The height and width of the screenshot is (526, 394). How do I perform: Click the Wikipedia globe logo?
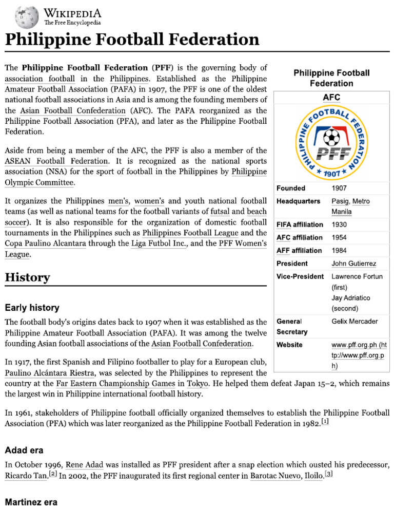tap(27, 17)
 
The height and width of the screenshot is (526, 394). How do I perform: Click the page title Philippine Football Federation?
tap(132, 40)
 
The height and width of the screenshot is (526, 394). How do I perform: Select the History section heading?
tap(27, 278)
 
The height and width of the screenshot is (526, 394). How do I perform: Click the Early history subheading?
tap(32, 308)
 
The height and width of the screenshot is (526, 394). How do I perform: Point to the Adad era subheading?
tap(24, 450)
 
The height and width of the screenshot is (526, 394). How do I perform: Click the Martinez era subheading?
tap(31, 502)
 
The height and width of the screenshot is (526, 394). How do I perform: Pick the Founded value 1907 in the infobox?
tap(340, 188)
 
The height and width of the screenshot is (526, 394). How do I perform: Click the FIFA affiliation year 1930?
tap(340, 224)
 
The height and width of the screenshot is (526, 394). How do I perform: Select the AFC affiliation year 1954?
tap(340, 237)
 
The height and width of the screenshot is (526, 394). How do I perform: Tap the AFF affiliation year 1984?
tap(340, 250)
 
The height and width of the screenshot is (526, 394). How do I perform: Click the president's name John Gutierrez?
tap(353, 264)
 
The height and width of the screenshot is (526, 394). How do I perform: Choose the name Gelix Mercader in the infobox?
tap(354, 322)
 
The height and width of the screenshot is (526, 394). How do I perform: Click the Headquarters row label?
tap(298, 201)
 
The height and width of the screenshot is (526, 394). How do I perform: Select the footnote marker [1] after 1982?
tap(325, 422)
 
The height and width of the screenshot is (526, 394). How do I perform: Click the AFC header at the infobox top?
tap(331, 97)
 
